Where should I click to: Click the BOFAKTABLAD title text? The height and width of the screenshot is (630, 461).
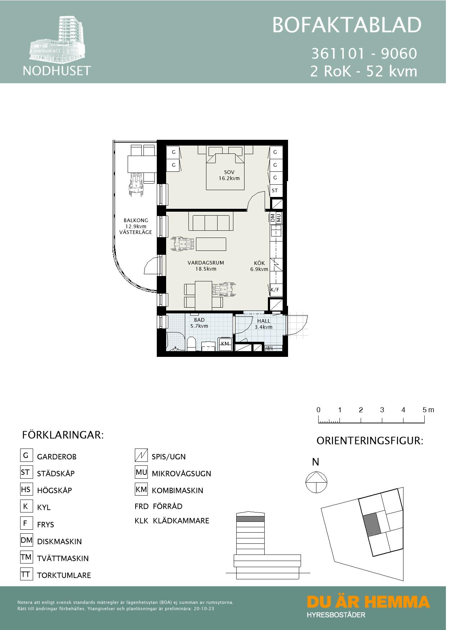pyautogui.click(x=347, y=25)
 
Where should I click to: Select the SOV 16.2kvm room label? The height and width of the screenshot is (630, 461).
pyautogui.click(x=229, y=175)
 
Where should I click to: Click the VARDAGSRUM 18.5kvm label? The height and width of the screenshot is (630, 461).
pyautogui.click(x=206, y=266)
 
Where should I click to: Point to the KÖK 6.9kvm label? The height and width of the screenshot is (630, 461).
pyautogui.click(x=259, y=266)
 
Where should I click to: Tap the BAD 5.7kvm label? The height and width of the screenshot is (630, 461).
pyautogui.click(x=199, y=323)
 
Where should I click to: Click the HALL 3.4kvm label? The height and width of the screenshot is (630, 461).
pyautogui.click(x=264, y=324)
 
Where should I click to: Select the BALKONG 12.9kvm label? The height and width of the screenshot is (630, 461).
pyautogui.click(x=136, y=226)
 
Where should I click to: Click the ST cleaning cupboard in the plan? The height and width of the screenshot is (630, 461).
pyautogui.click(x=275, y=190)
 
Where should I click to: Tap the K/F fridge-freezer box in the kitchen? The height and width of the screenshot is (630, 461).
pyautogui.click(x=275, y=290)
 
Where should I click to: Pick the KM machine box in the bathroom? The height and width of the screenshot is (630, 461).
pyautogui.click(x=225, y=344)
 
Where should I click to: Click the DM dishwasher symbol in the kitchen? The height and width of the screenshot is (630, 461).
pyautogui.click(x=273, y=218)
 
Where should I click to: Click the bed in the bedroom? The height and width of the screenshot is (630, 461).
pyautogui.click(x=225, y=169)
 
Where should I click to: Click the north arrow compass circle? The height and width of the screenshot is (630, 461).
pyautogui.click(x=316, y=482)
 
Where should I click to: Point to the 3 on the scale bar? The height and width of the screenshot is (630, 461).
pyautogui.click(x=382, y=410)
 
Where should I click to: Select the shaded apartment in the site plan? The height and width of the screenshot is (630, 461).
pyautogui.click(x=372, y=525)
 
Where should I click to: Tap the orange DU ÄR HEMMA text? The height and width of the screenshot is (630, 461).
pyautogui.click(x=368, y=602)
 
